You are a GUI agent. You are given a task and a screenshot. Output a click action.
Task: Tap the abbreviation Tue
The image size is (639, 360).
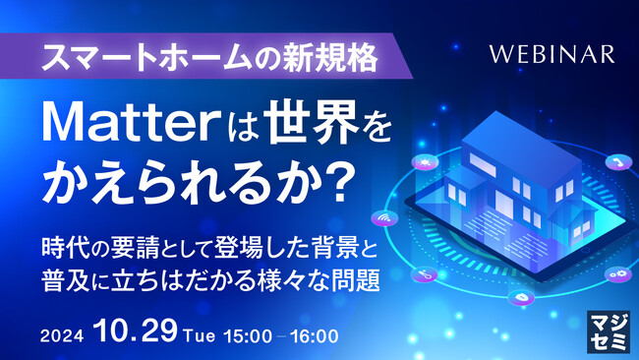[196, 335]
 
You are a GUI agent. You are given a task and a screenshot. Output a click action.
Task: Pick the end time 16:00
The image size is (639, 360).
[313, 335]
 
